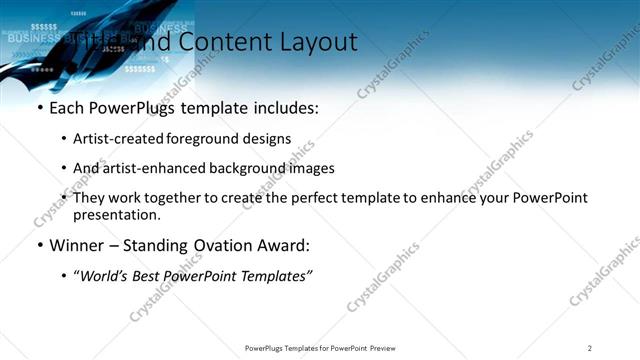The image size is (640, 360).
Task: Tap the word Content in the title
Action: [225, 42]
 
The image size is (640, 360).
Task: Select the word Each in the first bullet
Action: [67, 107]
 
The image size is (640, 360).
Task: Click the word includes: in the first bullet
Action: [285, 107]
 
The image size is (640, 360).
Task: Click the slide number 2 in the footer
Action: [590, 348]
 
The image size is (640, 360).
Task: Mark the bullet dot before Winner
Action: [39, 246]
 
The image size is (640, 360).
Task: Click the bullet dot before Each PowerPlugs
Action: [39, 108]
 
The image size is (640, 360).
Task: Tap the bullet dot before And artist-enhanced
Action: [65, 169]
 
